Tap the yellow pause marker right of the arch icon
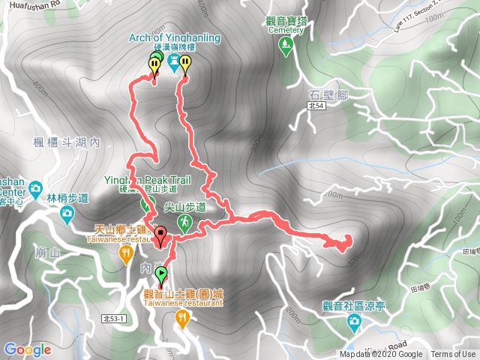point(185,64)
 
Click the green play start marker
point(160,274)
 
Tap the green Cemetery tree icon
point(285,46)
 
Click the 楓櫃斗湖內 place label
point(67,142)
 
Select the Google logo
point(27,349)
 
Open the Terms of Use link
point(453,355)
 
